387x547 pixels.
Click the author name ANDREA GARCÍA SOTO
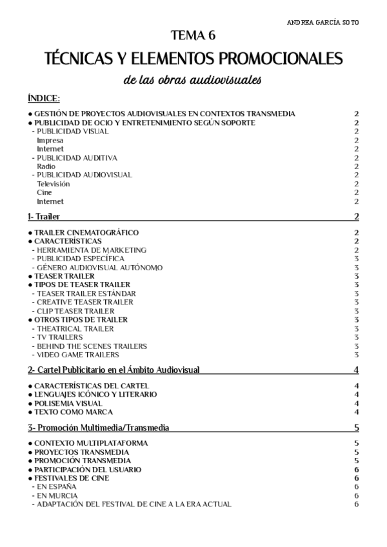pyautogui.click(x=322, y=22)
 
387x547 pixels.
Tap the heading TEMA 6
pyautogui.click(x=193, y=36)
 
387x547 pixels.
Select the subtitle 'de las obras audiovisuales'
pyautogui.click(x=193, y=81)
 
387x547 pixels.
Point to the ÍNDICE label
pyautogui.click(x=44, y=98)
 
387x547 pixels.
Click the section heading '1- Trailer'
pyautogui.click(x=44, y=216)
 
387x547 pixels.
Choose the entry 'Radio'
pyautogui.click(x=46, y=166)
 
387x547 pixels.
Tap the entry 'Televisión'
pyautogui.click(x=53, y=184)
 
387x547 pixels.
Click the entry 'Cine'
pyautogui.click(x=45, y=192)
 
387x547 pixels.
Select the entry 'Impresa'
pyautogui.click(x=50, y=140)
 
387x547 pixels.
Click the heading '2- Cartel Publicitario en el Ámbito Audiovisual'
pyautogui.click(x=114, y=370)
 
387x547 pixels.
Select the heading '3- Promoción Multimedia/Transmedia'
pyautogui.click(x=99, y=427)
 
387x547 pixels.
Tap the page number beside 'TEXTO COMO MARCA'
pyautogui.click(x=356, y=412)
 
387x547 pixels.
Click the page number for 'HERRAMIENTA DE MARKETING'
pyautogui.click(x=356, y=250)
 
